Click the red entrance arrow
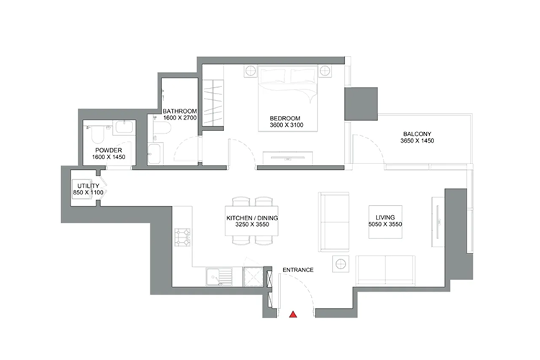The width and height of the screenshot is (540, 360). coord(293,314)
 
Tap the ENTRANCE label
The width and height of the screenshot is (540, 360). coord(297,270)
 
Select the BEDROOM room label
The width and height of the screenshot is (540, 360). coord(284,118)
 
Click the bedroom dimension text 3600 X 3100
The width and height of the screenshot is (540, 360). coord(284,127)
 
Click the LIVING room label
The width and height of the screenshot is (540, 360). coord(382,216)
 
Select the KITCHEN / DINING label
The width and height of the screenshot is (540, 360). coord(251,217)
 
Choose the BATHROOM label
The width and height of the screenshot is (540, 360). coord(179,110)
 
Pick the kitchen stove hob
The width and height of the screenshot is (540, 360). coord(182,238)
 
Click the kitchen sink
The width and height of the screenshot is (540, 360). coord(216,278)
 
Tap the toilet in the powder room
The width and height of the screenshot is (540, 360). coord(97,131)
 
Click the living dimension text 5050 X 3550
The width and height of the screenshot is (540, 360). coord(382,225)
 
